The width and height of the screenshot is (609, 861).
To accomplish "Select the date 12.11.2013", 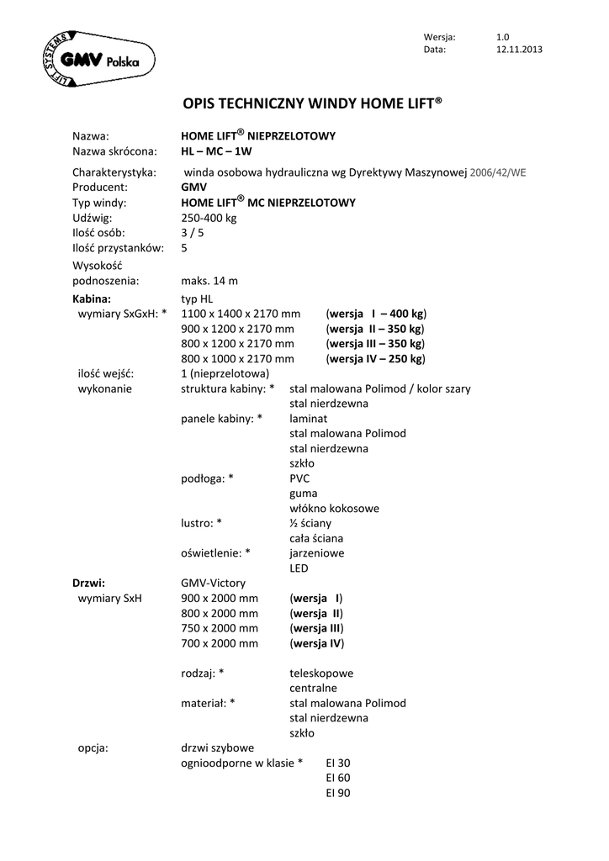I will [519, 50].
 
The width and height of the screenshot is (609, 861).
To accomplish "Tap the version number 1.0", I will [503, 37].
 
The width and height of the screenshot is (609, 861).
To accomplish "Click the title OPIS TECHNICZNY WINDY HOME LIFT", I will [312, 104].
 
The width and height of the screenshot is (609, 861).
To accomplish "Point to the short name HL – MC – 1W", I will [217, 151].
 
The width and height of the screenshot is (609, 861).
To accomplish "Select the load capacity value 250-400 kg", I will [209, 218].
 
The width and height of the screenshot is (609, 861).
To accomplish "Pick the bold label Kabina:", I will [92, 298].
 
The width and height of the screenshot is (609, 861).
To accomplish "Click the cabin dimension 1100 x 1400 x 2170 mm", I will [241, 314].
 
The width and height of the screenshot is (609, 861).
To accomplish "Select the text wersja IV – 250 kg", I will [376, 359].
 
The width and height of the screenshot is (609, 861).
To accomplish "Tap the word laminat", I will [309, 418].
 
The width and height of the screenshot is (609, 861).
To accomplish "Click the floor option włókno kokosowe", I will [334, 508].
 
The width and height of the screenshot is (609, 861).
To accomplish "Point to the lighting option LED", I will [299, 568].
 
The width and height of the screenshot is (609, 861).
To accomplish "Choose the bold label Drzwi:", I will [88, 583].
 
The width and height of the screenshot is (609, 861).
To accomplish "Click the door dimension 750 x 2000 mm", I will [220, 628].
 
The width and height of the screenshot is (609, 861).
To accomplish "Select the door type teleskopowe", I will [321, 673].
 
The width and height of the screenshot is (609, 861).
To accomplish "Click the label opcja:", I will [93, 747].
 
